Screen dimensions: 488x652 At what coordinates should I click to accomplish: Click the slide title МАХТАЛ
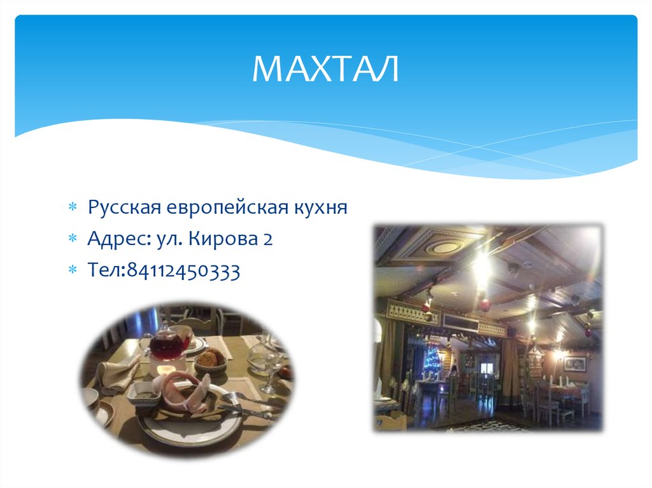tap(326, 69)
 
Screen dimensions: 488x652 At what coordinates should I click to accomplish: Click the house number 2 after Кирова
tap(268, 240)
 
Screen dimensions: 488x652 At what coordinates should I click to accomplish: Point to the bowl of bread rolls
tap(210, 361)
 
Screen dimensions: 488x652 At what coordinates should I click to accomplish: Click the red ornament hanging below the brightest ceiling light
tap(485, 304)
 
